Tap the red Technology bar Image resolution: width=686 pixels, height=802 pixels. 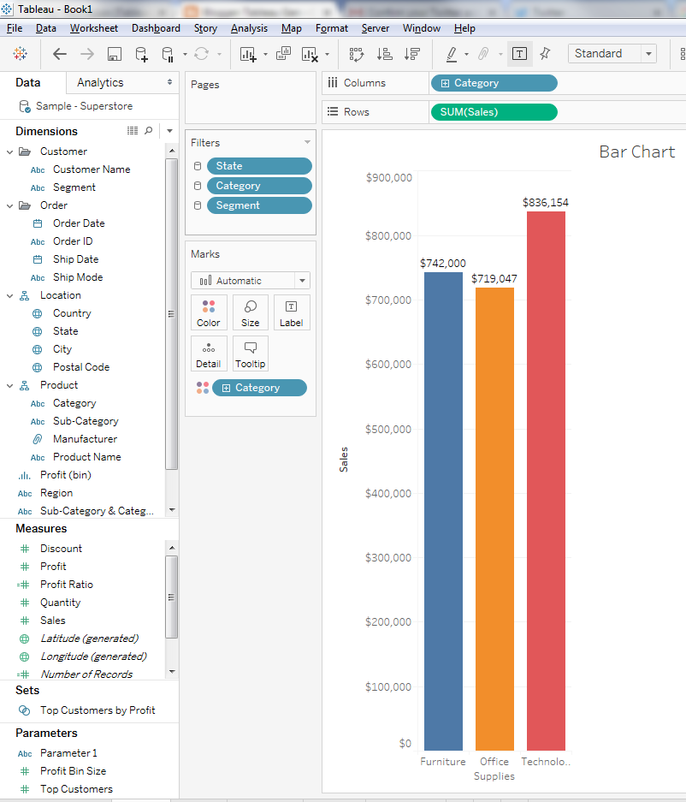(546, 480)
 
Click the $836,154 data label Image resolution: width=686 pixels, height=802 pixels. (546, 203)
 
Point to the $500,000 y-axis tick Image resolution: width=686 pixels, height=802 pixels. (388, 429)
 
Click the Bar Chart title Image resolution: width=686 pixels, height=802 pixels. (636, 151)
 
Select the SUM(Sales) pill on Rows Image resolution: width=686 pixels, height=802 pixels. (494, 112)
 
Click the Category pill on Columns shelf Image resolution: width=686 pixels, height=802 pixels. (494, 83)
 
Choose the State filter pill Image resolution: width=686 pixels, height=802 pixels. (259, 166)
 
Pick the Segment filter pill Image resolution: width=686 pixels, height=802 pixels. (259, 205)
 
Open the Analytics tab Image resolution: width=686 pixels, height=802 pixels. (100, 83)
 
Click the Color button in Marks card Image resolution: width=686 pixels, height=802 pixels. (209, 312)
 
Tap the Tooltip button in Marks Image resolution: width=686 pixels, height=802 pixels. (251, 353)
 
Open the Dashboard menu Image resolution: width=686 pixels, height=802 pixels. (156, 28)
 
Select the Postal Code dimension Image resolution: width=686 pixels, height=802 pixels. (81, 367)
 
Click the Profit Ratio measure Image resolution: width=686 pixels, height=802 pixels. (67, 585)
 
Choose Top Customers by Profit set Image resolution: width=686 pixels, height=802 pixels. (98, 710)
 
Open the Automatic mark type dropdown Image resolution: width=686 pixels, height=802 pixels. (251, 281)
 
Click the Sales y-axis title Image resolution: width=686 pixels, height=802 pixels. (344, 459)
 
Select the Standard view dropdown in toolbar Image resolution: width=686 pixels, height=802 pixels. (612, 53)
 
